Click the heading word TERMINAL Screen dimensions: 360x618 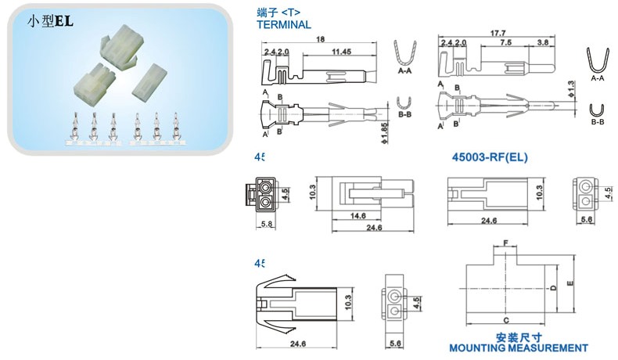pos(283,24)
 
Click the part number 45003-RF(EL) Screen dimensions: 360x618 pos(490,157)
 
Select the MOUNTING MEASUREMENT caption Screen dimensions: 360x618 pos(519,347)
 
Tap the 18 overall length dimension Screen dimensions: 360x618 pos(321,39)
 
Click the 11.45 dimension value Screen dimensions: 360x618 pos(340,52)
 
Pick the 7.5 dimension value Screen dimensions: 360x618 pos(506,42)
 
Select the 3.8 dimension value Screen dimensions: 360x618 pos(541,42)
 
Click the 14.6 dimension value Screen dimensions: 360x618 pos(358,216)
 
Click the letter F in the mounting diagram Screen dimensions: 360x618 pos(505,244)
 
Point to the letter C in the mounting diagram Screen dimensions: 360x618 pos(506,320)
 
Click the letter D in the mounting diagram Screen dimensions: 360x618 pos(554,288)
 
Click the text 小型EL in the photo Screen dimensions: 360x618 pos(50,23)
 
